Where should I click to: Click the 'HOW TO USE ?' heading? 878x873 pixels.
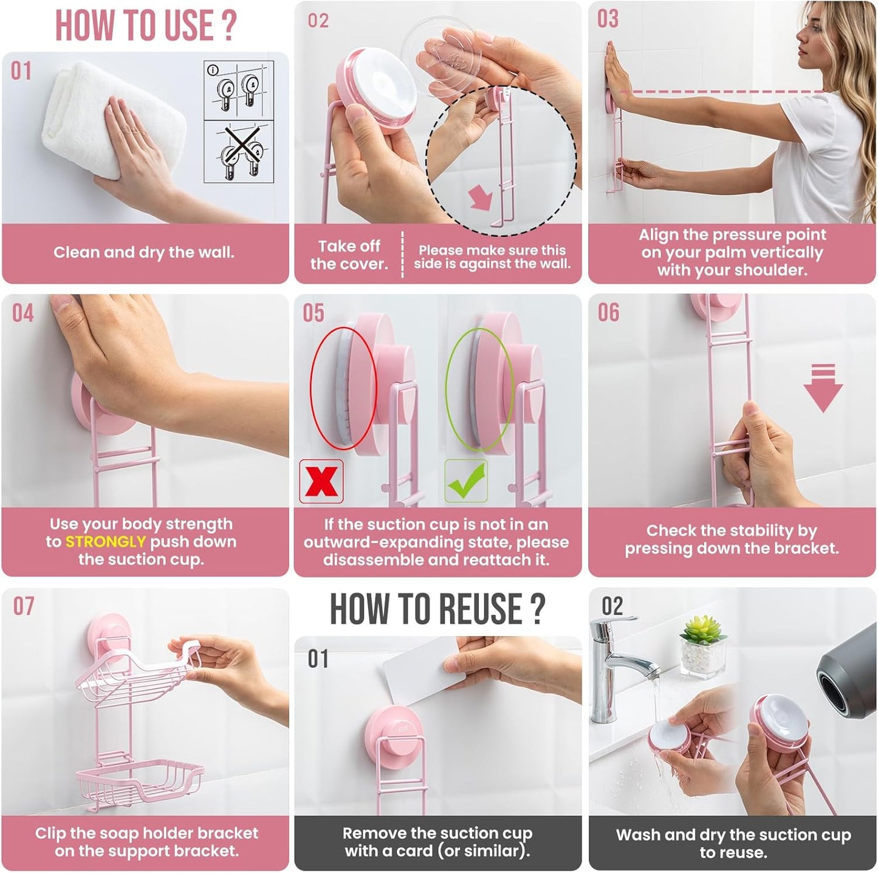point(145,26)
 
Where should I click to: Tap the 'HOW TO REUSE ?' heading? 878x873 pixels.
point(437,609)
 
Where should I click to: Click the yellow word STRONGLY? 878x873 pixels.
point(105,542)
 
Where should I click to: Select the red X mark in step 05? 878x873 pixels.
point(321,482)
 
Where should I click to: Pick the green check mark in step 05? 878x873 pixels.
point(466,481)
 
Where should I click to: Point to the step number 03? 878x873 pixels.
point(608,19)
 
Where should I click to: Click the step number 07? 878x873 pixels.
point(24,606)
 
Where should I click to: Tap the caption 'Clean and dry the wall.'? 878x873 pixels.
point(144,253)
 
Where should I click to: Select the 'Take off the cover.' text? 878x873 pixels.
point(349,255)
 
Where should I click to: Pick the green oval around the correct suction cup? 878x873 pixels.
point(480,389)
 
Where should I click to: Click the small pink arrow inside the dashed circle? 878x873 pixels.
point(481,198)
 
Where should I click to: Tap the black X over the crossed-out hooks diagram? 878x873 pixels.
point(238,151)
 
